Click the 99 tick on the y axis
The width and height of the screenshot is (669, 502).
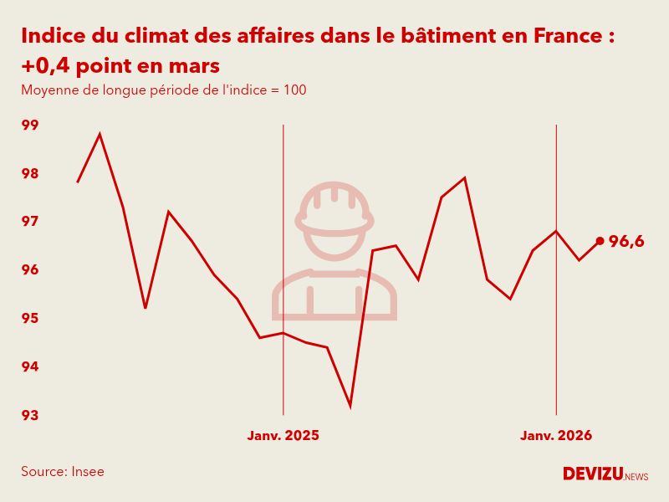point(30,125)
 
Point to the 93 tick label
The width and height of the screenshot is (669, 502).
point(30,415)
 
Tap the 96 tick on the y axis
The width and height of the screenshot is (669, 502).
point(30,270)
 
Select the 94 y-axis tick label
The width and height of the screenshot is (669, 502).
point(30,366)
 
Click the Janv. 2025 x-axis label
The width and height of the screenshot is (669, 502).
point(283,436)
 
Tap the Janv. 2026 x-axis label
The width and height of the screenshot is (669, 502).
point(556,436)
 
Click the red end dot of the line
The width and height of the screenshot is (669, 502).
point(600,241)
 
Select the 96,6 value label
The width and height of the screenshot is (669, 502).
point(626,242)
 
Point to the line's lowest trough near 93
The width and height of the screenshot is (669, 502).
point(350,406)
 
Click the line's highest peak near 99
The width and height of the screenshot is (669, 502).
point(100,134)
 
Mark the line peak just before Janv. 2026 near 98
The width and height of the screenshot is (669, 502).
point(464,178)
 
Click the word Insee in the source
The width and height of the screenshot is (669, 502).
point(88,471)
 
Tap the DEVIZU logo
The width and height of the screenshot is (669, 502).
point(593,474)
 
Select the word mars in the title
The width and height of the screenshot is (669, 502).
point(196,65)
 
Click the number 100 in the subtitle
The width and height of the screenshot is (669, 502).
point(295,90)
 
